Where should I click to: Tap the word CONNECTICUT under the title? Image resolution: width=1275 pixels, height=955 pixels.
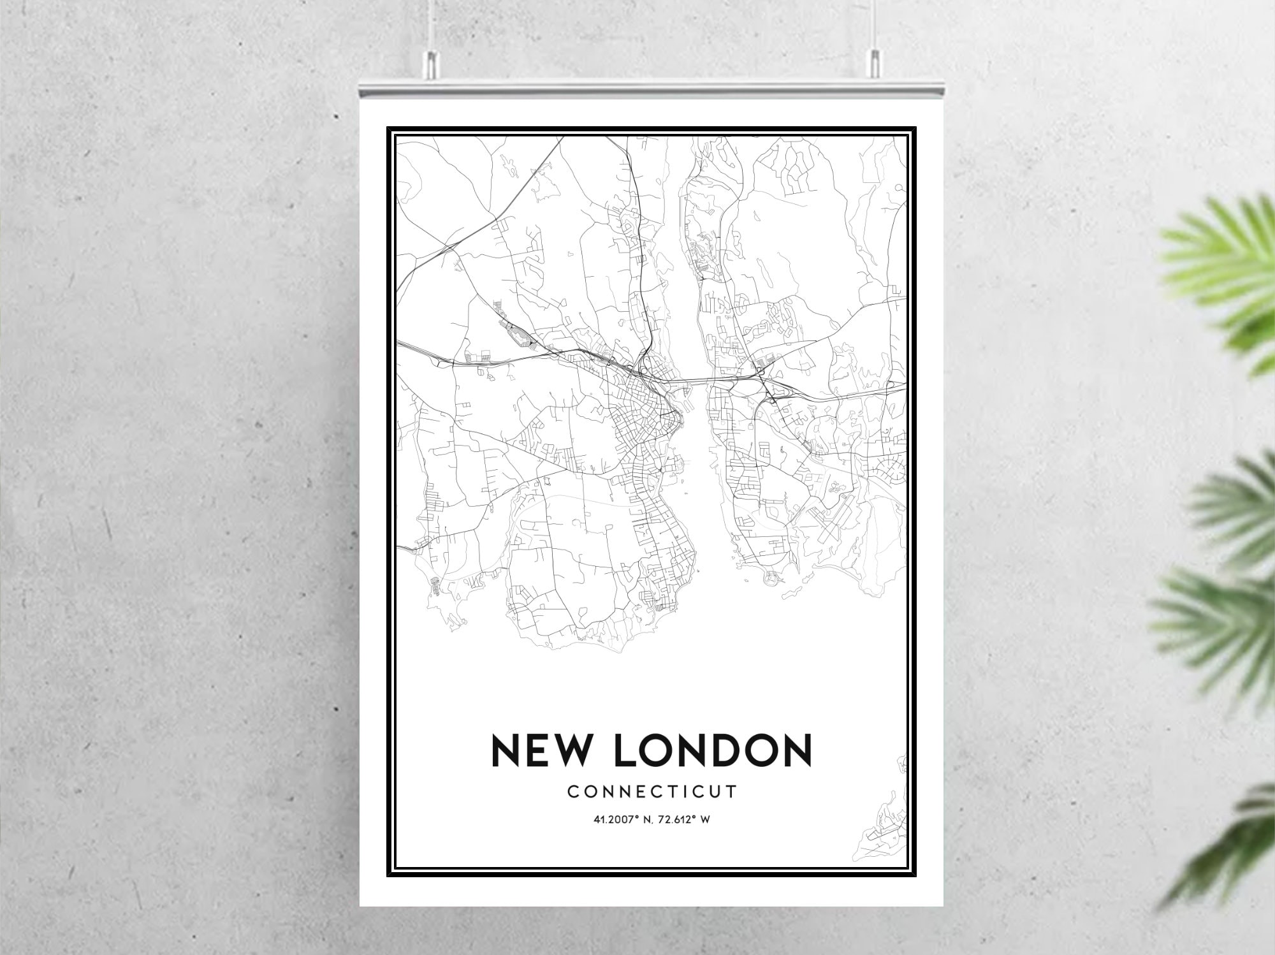652,792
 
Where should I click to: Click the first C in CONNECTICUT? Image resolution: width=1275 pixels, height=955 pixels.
572,792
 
